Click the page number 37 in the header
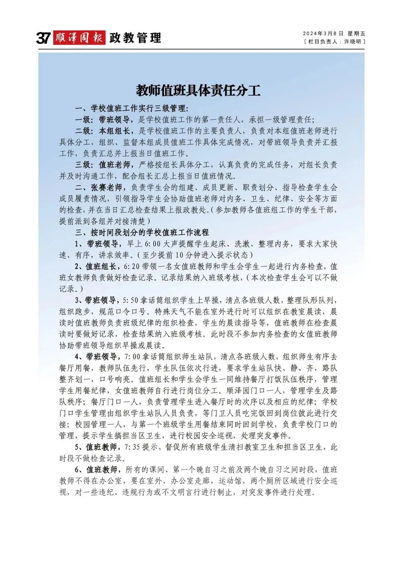click(x=43, y=38)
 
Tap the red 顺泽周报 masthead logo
click(x=79, y=38)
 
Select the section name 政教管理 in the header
click(x=135, y=38)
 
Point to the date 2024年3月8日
click(x=323, y=34)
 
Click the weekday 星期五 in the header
click(x=356, y=34)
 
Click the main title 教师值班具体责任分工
click(x=198, y=91)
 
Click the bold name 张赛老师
click(x=106, y=187)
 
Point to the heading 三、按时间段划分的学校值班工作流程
click(x=142, y=233)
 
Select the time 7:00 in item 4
click(x=133, y=357)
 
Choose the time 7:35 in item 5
click(x=133, y=447)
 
